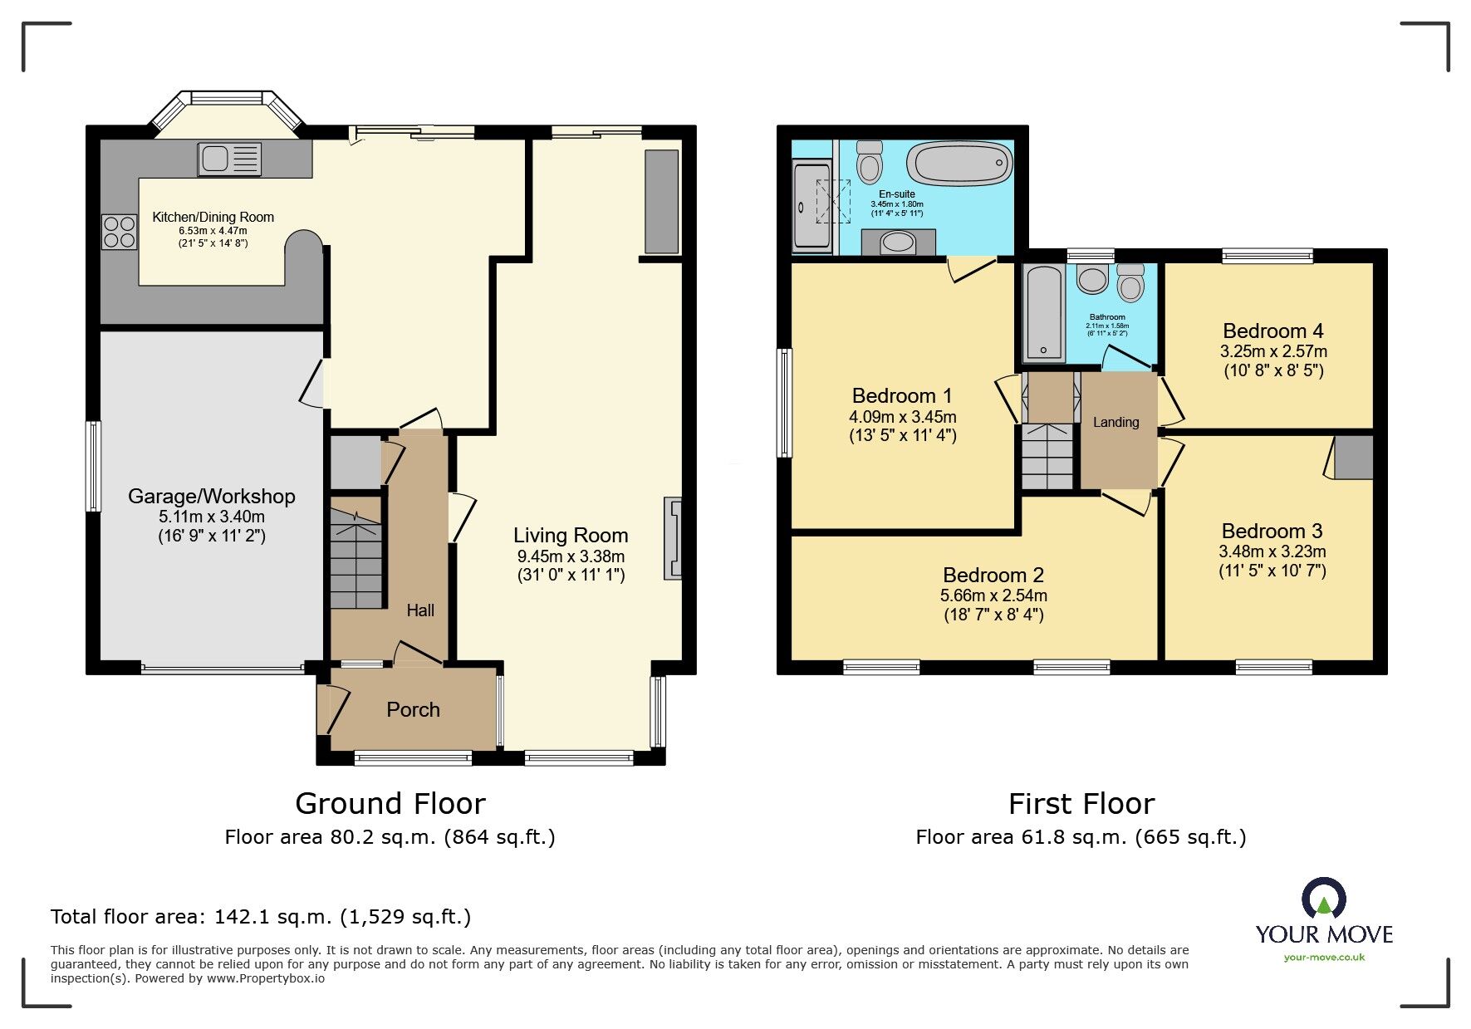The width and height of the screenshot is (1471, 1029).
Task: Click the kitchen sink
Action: pos(229,159)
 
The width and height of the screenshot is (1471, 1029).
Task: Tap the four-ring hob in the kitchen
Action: pos(119,232)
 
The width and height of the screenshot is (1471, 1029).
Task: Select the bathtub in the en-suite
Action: pos(959,163)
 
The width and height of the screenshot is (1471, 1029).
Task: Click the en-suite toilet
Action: pos(870,161)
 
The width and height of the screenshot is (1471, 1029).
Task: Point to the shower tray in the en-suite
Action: pos(812,206)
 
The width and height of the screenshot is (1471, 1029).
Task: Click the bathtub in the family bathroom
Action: pos(1043,313)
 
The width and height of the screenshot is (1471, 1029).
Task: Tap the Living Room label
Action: pos(570,536)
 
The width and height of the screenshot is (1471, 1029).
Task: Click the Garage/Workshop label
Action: pos(211,497)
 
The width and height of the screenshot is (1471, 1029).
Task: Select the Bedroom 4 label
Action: pos(1272,331)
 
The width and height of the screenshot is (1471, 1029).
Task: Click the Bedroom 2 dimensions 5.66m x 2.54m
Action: pos(993,595)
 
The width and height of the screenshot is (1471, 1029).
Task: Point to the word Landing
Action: pos(1116,423)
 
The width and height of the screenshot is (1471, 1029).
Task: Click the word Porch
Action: pos(413,710)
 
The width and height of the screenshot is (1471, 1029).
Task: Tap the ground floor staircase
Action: pos(357,559)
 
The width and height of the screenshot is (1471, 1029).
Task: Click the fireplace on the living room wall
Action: pos(673,538)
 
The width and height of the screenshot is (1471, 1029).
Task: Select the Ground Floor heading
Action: pos(390,804)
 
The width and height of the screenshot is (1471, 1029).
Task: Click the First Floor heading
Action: pos(1081,804)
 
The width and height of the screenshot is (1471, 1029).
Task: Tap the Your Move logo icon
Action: pos(1323,899)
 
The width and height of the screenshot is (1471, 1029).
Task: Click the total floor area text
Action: pos(261,917)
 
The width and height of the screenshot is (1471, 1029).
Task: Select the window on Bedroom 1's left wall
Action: pos(784,402)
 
